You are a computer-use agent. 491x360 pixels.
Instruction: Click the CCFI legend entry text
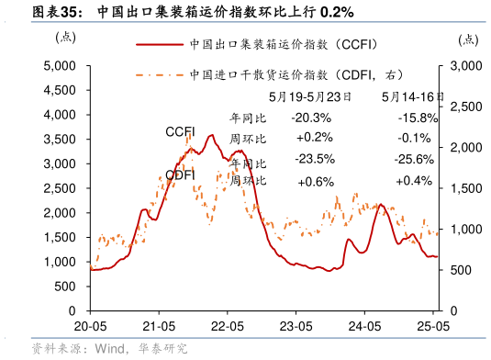[x=285, y=43]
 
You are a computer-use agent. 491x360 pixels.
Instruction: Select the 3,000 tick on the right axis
[x=464, y=66]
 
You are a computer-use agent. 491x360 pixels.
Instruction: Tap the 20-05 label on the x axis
[x=89, y=326]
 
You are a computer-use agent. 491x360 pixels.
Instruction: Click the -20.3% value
[x=310, y=118]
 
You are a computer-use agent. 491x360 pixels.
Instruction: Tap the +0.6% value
[x=316, y=181]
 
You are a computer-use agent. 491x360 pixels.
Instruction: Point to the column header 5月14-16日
[x=413, y=96]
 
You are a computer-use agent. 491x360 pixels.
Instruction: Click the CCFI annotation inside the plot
[x=180, y=132]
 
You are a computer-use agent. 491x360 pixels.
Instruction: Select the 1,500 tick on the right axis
[x=464, y=188]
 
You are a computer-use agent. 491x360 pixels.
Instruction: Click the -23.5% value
[x=314, y=159]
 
